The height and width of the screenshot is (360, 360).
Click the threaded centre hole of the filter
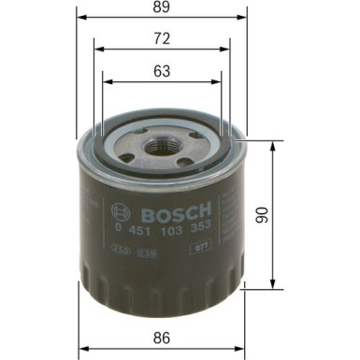162,144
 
